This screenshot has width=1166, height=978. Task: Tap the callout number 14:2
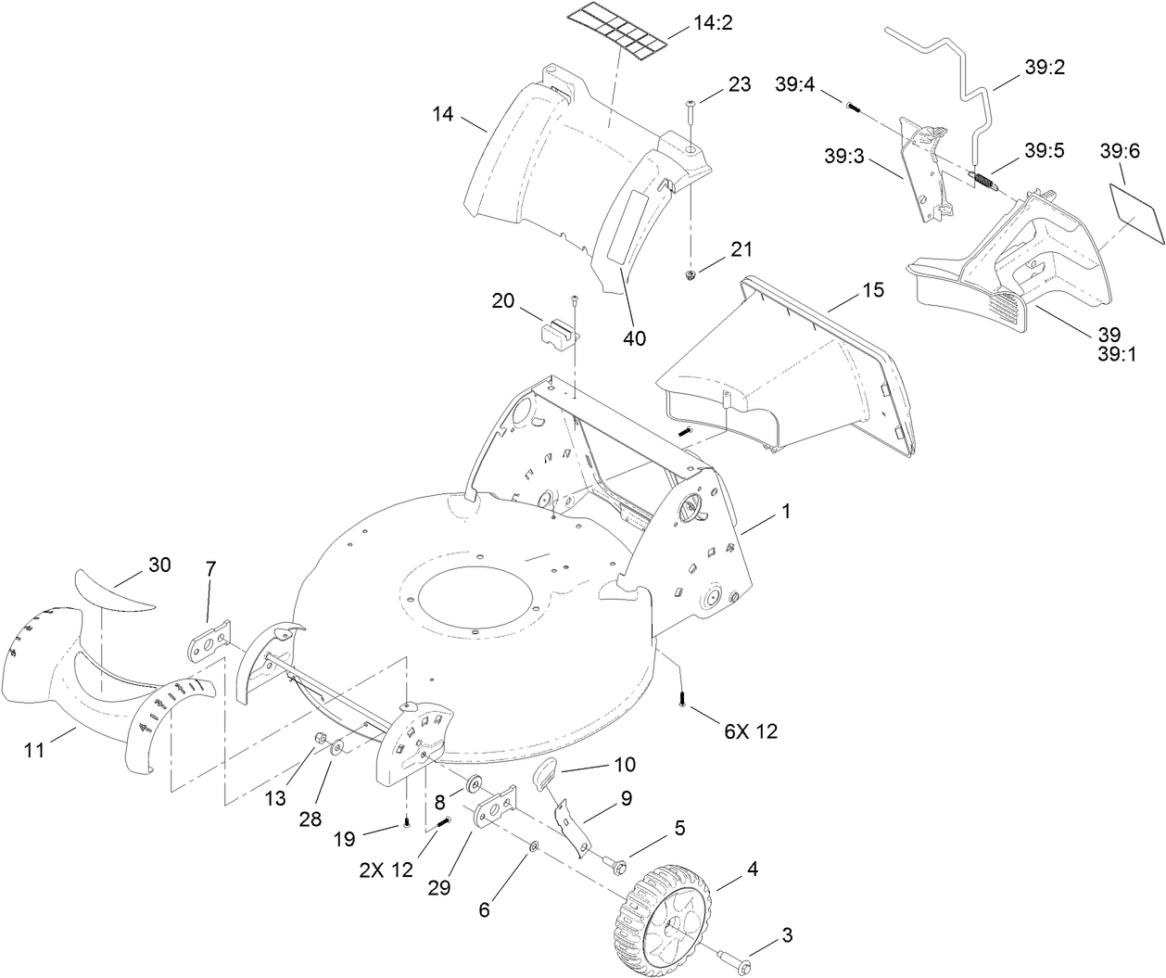pos(713,23)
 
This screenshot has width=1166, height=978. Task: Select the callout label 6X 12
pos(752,731)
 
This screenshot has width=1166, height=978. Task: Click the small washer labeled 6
pos(535,847)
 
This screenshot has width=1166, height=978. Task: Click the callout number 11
pos(34,751)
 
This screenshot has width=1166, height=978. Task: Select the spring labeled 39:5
pos(982,181)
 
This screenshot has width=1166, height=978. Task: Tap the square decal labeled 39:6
pos(1135,211)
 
